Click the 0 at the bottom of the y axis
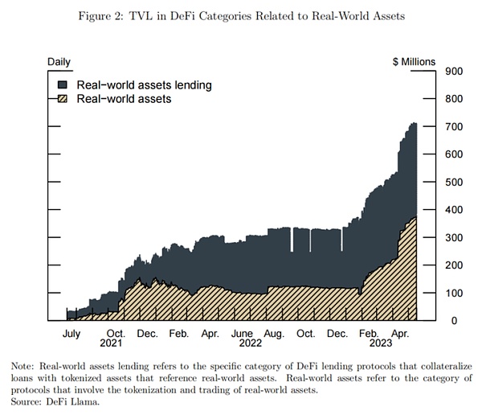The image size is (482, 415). click(452, 320)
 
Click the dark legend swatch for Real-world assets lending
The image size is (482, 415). click(63, 84)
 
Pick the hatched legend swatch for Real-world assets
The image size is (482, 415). click(63, 99)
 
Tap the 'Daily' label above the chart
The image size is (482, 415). click(59, 61)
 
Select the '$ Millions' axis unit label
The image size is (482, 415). click(413, 61)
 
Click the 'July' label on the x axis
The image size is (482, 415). click(71, 333)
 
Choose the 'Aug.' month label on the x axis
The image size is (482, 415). click(274, 333)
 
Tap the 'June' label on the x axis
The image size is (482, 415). click(243, 333)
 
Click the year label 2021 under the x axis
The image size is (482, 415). click(112, 343)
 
